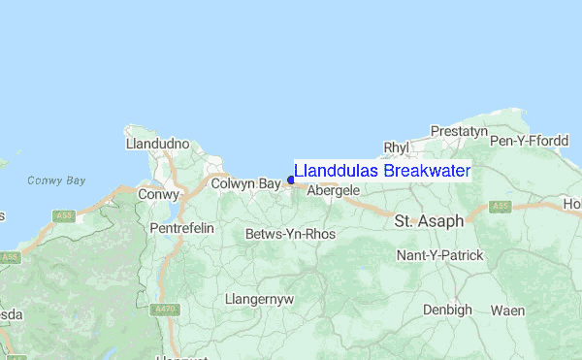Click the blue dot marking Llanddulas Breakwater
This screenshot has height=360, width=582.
[x=291, y=180]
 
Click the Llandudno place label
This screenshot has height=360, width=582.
[x=157, y=144]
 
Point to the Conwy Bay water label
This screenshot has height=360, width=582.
[x=56, y=180]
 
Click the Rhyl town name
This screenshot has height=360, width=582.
[x=397, y=147]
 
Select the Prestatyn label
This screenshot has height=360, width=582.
[x=459, y=130]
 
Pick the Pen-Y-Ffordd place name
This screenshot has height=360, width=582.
[x=530, y=142]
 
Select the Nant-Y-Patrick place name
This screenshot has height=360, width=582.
[x=439, y=255]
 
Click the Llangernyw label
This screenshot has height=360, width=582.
[x=258, y=299]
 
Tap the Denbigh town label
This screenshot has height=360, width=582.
[x=447, y=310]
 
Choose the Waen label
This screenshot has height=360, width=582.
[x=508, y=310]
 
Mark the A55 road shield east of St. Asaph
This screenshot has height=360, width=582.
[x=501, y=207]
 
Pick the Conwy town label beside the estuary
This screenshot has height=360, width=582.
[x=159, y=194]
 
